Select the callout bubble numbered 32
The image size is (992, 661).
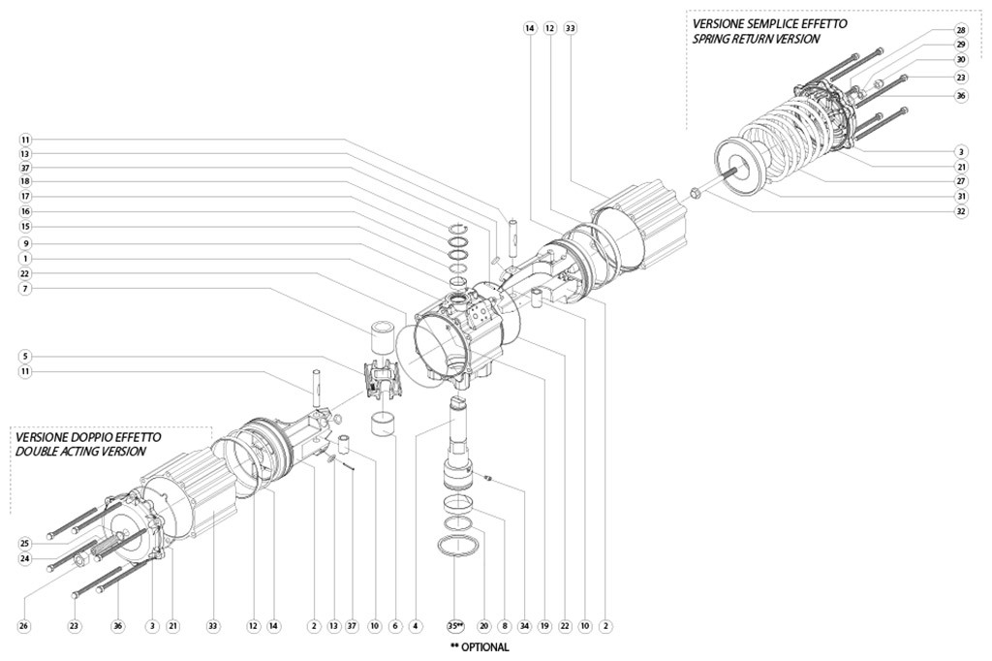pos(960,211)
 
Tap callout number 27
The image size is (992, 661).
pos(960,181)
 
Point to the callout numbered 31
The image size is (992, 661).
pos(960,196)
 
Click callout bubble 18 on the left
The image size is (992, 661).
pos(25,181)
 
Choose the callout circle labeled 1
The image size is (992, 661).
pos(25,258)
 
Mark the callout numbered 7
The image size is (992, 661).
pos(25,288)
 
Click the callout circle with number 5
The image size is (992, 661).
pos(25,356)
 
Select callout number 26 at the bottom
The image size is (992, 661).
pos(25,626)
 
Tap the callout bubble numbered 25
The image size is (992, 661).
pos(25,543)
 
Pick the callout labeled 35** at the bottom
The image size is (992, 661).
pos(455,626)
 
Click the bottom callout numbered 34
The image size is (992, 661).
pos(525,626)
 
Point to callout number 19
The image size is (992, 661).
pos(545,626)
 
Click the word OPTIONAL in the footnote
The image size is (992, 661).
pos(485,647)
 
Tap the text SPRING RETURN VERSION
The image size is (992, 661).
pos(756,40)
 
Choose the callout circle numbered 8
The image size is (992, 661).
pos(505,626)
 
